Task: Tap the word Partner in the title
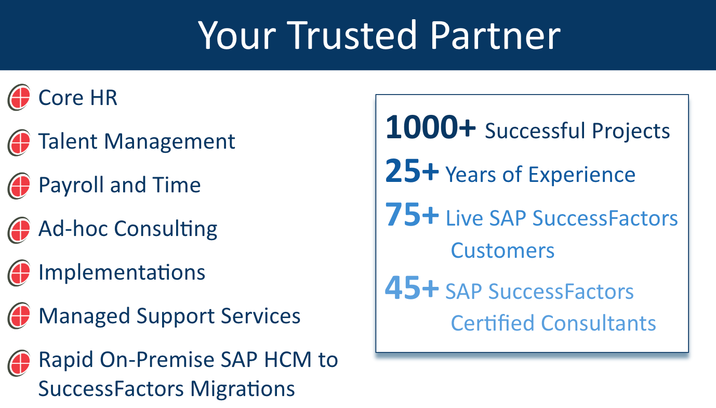(x=495, y=35)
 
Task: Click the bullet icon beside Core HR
(x=19, y=97)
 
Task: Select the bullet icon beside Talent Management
(x=19, y=142)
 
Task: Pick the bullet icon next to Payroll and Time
(x=19, y=186)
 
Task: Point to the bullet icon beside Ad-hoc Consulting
(x=19, y=230)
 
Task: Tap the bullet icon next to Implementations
(x=19, y=273)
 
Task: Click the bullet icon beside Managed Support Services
(x=19, y=317)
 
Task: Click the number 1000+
(x=430, y=127)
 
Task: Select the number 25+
(x=412, y=172)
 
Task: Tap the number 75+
(x=412, y=215)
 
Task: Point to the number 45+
(x=412, y=288)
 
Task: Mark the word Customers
(x=502, y=251)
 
